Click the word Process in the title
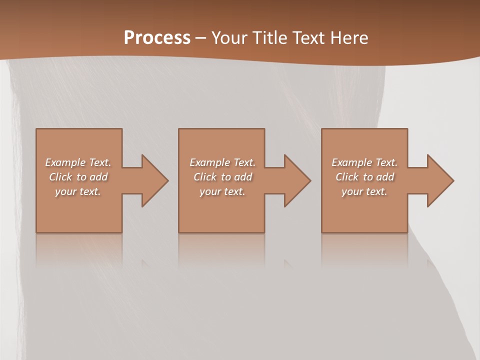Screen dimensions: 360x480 157,38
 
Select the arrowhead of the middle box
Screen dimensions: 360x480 296,180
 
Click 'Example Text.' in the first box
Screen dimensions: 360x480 78,162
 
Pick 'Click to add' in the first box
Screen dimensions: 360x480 78,177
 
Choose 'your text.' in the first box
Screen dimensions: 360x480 78,191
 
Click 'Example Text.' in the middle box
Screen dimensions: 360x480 222,162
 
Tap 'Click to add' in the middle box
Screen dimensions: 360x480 222,177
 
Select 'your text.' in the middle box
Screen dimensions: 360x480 222,191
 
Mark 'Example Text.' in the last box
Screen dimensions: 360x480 364,162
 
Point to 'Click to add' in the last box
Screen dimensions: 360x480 364,177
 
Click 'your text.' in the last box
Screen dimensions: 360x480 364,191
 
